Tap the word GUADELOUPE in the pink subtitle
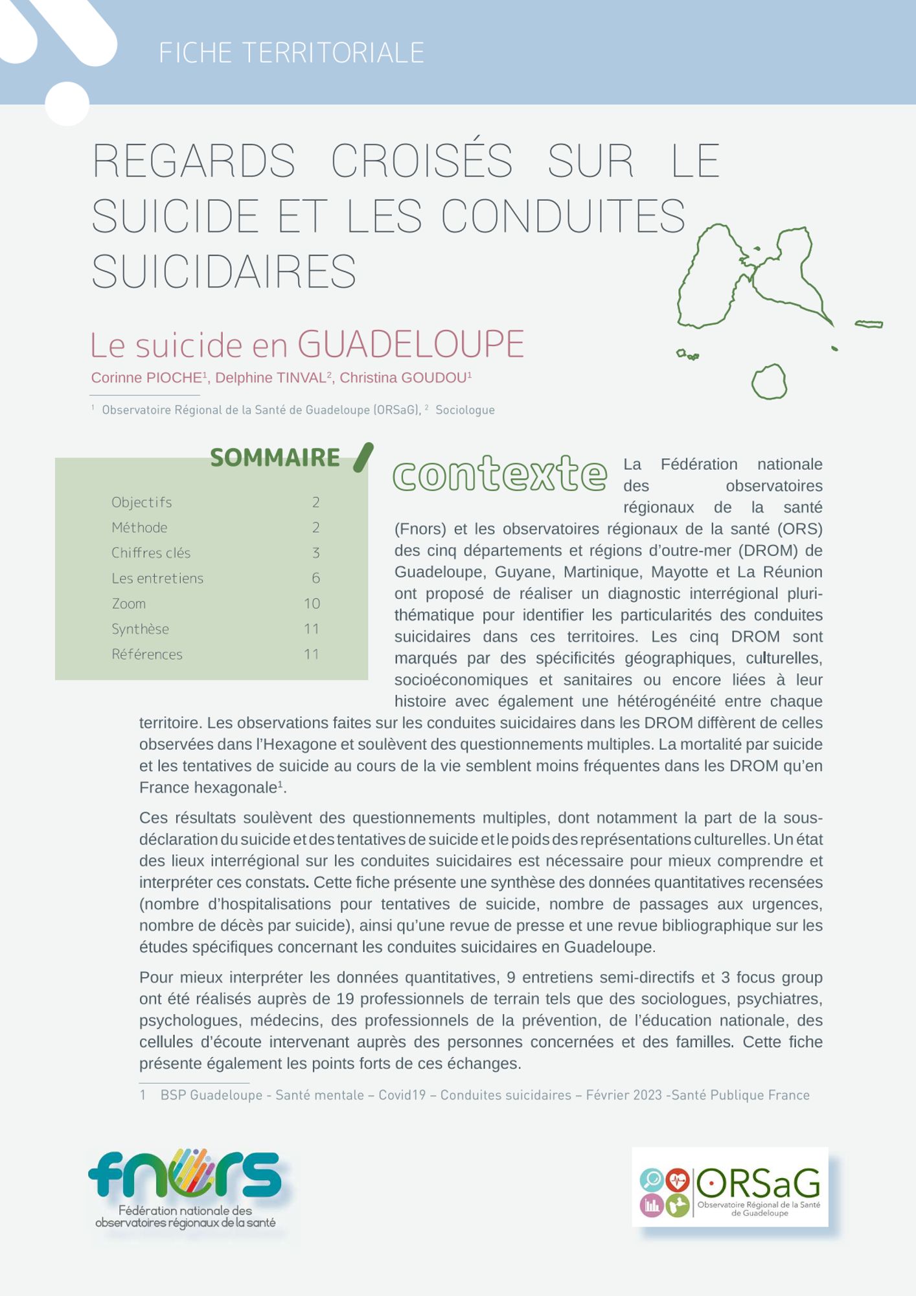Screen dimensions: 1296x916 (411, 344)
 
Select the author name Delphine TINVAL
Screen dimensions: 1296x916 (270, 378)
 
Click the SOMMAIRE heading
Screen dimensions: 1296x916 (275, 457)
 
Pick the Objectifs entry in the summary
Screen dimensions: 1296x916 (141, 502)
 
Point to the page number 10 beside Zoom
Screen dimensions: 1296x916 (312, 604)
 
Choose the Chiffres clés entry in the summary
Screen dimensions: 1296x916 (150, 553)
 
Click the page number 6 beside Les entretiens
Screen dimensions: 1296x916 (315, 578)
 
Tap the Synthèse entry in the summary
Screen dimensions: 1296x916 (140, 629)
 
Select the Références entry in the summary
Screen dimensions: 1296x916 (146, 654)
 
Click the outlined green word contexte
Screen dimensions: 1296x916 (499, 474)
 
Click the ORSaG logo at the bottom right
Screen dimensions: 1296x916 (729, 1186)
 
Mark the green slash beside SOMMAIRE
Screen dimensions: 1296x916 (363, 457)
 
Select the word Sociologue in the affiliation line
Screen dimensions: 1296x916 (464, 410)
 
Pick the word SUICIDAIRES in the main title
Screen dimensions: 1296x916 (224, 272)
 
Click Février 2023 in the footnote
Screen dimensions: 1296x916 (623, 1095)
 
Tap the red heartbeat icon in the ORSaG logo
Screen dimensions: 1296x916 (678, 1180)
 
